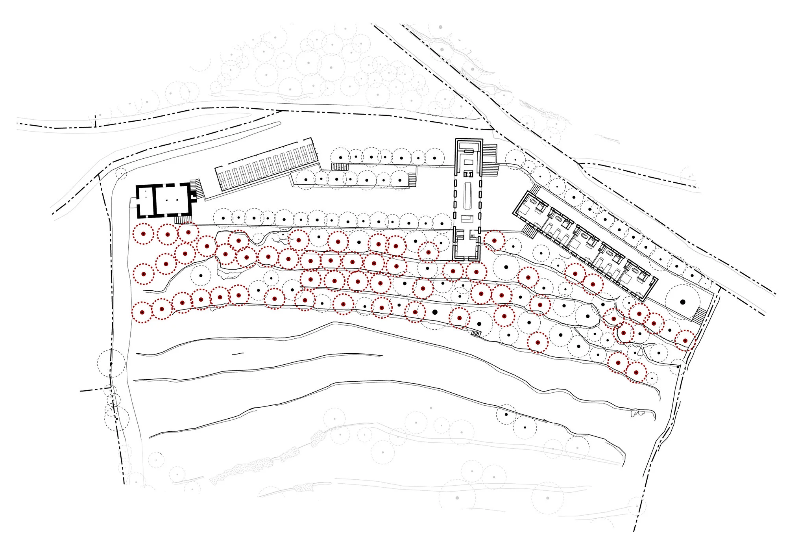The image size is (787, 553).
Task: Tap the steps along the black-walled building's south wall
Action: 183,219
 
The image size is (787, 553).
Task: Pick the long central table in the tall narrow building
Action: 468,195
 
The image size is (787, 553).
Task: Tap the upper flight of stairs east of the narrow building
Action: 490,150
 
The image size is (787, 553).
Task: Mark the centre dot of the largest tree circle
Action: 683,302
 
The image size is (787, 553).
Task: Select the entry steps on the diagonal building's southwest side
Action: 530,229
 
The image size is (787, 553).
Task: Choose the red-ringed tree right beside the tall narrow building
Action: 494,240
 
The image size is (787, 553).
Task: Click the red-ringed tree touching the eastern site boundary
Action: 685,341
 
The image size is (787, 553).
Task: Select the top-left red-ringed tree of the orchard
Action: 144,234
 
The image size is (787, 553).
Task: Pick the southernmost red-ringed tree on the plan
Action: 636,372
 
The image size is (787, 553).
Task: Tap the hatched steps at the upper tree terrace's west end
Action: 339,167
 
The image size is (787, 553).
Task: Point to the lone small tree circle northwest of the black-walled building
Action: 121,173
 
